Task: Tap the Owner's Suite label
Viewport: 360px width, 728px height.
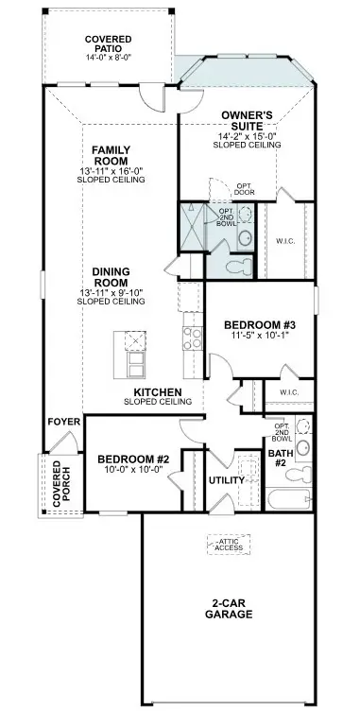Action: coord(248,121)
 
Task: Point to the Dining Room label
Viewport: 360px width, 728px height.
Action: coord(111,278)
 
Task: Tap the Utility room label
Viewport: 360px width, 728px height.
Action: coord(227,480)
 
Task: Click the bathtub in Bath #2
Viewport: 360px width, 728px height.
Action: coord(290,500)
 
